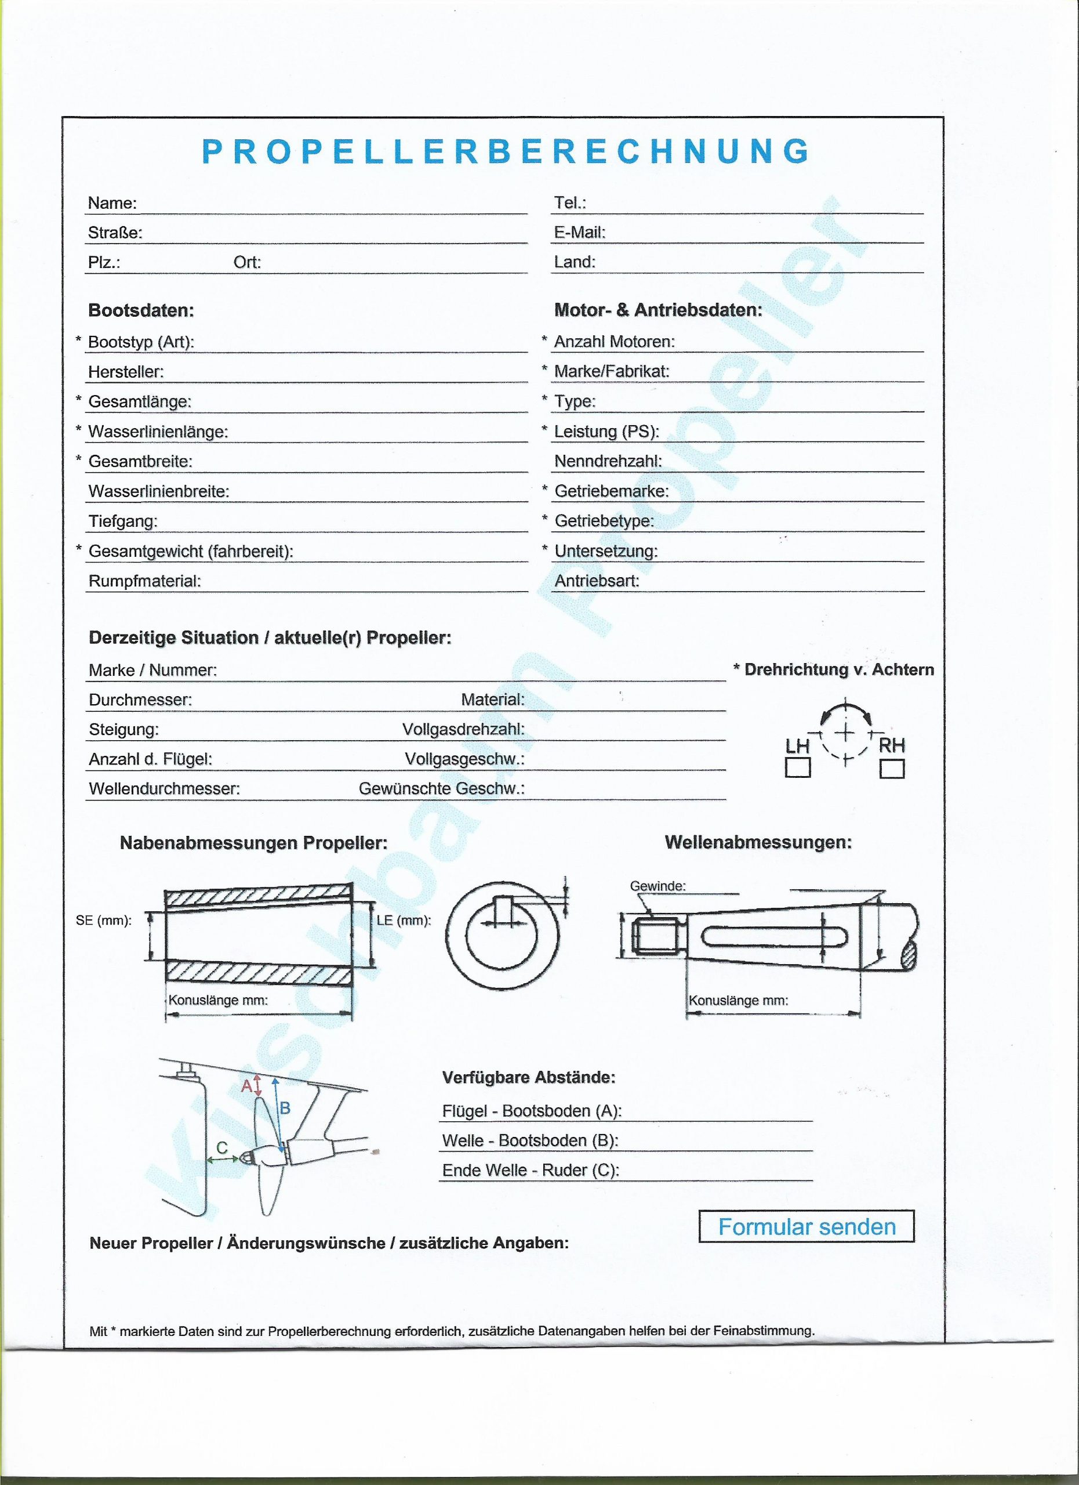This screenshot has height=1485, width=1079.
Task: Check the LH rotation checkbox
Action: [797, 767]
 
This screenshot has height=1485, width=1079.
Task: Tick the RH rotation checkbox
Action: [892, 768]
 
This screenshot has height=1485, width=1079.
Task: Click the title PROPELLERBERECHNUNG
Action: [506, 151]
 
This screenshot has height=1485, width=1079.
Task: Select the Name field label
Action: [112, 204]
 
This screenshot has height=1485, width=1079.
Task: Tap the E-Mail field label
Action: [580, 233]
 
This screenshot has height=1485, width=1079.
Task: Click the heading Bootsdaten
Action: [141, 310]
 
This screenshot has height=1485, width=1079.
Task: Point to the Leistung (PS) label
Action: [606, 432]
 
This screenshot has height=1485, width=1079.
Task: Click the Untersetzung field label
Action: [606, 551]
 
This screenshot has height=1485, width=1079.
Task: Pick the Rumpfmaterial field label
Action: [144, 581]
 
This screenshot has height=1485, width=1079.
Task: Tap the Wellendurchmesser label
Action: [164, 789]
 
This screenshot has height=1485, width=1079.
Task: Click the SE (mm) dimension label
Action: [104, 921]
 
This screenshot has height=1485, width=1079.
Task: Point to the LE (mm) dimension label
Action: [404, 920]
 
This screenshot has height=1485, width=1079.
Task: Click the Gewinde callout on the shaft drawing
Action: [657, 886]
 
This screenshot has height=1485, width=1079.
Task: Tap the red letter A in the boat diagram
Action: [246, 1085]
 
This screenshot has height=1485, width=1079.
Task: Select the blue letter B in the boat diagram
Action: [285, 1109]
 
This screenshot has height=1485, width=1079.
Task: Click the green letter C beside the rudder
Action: [222, 1147]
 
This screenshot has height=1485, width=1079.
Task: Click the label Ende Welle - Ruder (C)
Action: [531, 1170]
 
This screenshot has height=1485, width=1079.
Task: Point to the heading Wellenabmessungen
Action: [758, 843]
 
